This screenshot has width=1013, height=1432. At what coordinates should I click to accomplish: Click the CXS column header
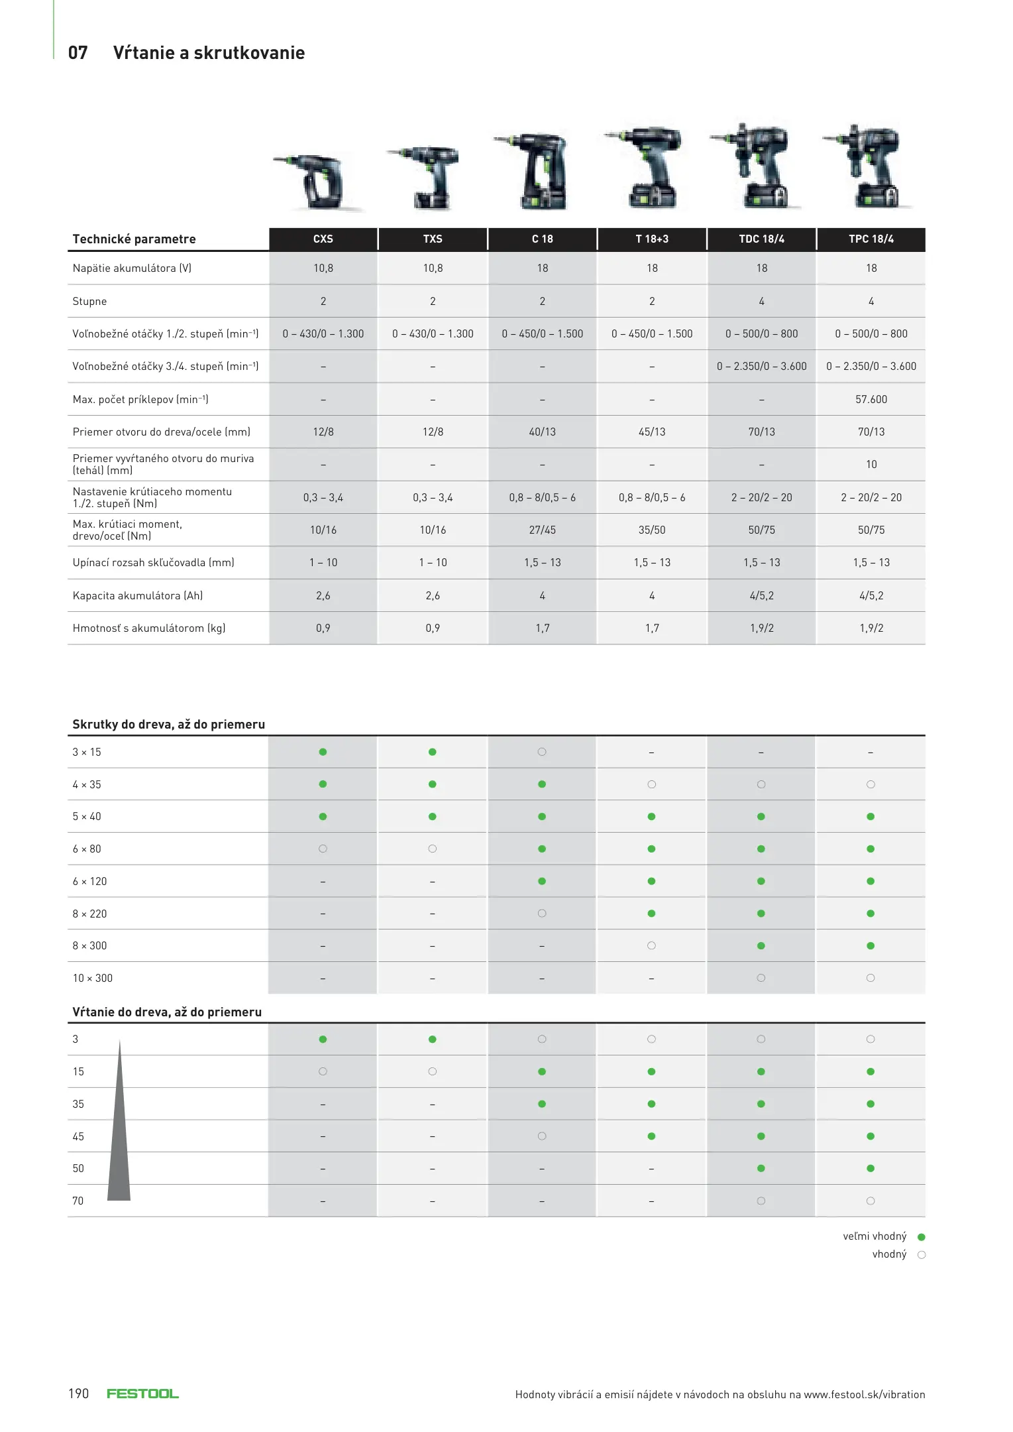tap(323, 239)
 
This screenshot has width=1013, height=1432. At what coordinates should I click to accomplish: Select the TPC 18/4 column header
tap(871, 239)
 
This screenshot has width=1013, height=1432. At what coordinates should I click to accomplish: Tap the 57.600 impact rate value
tap(871, 399)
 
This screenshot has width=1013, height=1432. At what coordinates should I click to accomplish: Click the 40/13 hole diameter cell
tap(542, 432)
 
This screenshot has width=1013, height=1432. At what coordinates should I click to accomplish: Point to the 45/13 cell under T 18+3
tap(652, 432)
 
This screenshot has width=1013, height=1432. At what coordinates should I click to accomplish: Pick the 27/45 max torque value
tap(542, 530)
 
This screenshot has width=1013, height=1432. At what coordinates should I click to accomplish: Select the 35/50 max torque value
tap(652, 530)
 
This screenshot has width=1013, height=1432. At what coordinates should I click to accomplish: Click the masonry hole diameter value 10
tap(871, 465)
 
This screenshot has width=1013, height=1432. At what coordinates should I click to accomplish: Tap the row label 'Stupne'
tap(89, 302)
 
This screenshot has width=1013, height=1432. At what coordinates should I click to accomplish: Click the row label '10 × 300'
tap(93, 979)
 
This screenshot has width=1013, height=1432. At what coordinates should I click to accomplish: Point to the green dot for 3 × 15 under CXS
tap(323, 752)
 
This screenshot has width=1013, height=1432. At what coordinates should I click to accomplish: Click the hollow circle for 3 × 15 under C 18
tap(542, 752)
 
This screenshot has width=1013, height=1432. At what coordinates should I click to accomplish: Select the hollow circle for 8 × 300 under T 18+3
tap(651, 946)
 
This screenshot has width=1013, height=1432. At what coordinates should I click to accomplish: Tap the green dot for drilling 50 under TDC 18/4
tap(761, 1169)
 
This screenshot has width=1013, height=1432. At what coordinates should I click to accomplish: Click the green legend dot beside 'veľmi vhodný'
tap(921, 1237)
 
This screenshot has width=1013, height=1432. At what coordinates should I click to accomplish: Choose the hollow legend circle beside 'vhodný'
tap(921, 1255)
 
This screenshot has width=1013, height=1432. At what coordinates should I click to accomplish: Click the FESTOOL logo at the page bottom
tap(142, 1394)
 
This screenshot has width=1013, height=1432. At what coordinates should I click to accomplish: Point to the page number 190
tap(78, 1394)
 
